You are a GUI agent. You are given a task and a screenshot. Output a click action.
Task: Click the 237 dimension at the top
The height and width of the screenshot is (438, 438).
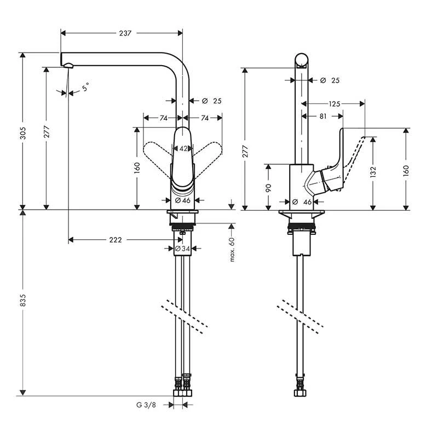[x=125, y=33]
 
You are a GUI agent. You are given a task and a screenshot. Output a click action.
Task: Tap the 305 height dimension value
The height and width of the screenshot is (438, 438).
[x=22, y=130]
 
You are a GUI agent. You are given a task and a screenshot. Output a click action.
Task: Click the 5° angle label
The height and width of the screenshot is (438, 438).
[x=85, y=87]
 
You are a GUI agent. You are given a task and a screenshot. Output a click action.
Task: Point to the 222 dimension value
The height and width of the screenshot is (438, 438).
[x=115, y=240]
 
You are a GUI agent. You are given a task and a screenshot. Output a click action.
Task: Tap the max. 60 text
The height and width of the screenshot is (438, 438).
[x=232, y=249]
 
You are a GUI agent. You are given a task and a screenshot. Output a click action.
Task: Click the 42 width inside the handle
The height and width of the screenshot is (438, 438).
[x=182, y=148]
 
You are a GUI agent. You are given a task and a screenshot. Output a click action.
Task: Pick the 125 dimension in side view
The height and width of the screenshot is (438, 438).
[x=335, y=103]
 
